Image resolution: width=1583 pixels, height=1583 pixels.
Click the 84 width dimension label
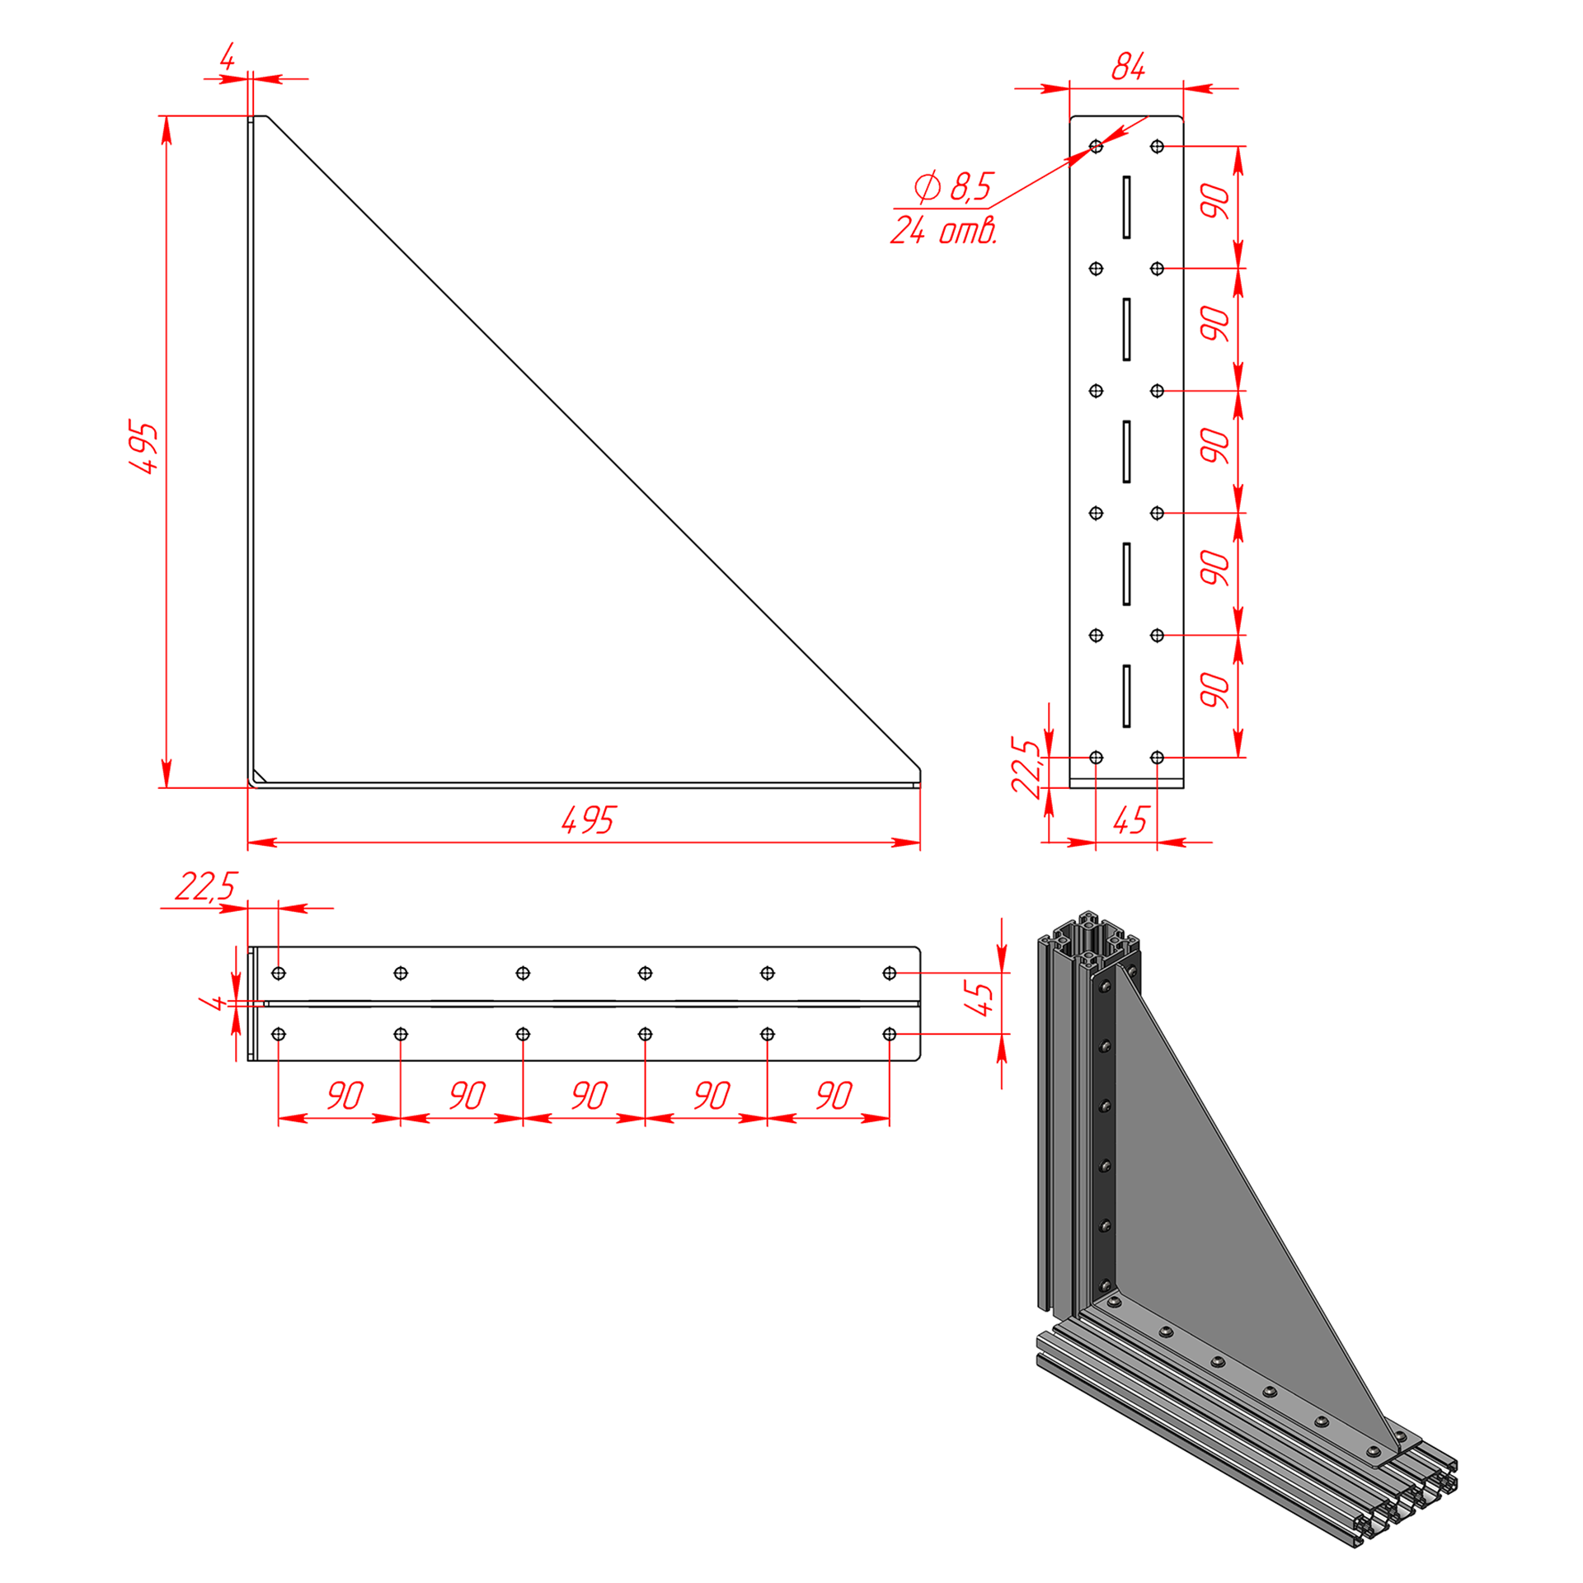click(1128, 66)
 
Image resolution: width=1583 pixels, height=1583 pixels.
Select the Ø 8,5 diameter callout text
click(954, 186)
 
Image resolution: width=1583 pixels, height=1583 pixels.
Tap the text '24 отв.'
click(944, 230)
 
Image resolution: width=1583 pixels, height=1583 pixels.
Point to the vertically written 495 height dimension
click(143, 448)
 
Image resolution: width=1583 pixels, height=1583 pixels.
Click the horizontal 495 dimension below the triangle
click(588, 820)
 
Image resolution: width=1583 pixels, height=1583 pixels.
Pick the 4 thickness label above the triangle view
click(228, 57)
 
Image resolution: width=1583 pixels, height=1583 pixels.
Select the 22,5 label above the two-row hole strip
click(205, 886)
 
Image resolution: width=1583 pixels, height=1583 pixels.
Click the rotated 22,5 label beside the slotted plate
click(1026, 768)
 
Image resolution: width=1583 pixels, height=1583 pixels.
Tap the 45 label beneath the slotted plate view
click(1130, 820)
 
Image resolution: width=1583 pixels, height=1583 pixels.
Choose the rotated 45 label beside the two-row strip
click(979, 998)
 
